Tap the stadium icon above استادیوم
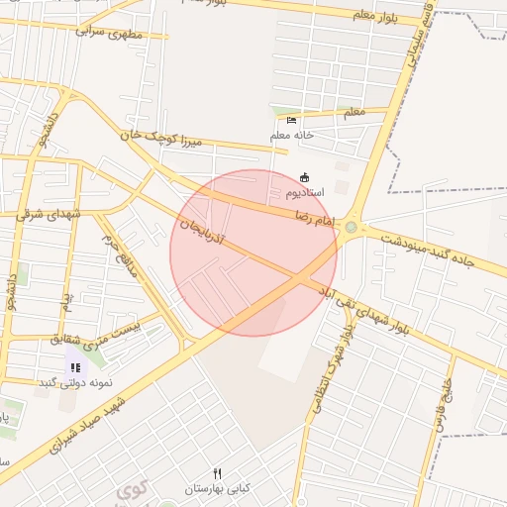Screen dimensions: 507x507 point(304,177)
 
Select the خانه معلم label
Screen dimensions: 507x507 point(292,134)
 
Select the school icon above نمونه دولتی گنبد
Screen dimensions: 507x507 point(75,367)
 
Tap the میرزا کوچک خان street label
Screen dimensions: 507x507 point(162,139)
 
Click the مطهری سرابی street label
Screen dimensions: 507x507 point(109,32)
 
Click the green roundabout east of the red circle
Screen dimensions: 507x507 point(351,229)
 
